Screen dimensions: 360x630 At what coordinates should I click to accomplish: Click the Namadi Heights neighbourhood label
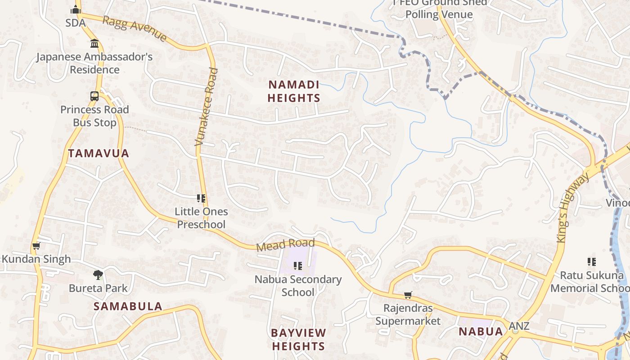[294, 91]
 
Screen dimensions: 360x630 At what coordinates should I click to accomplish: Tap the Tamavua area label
[99, 153]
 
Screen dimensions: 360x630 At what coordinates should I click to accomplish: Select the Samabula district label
[128, 306]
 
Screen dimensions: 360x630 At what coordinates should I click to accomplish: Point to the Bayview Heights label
[298, 339]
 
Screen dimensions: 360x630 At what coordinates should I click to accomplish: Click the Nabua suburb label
[481, 332]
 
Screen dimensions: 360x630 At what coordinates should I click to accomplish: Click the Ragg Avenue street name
[135, 29]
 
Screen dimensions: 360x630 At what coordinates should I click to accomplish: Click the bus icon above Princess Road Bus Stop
[94, 96]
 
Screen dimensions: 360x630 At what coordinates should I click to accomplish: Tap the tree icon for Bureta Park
[98, 274]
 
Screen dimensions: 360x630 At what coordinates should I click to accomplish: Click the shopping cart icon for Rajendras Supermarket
[408, 295]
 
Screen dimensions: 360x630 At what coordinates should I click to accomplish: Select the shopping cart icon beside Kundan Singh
[36, 246]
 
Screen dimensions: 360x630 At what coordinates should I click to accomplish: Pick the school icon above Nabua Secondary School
[297, 266]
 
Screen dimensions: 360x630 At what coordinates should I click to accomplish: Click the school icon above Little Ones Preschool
[201, 198]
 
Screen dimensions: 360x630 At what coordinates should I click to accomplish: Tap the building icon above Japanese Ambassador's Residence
[94, 44]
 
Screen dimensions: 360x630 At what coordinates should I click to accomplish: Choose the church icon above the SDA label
[75, 9]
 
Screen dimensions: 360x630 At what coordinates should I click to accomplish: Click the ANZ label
[519, 326]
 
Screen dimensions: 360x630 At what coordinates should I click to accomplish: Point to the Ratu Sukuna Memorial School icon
[592, 261]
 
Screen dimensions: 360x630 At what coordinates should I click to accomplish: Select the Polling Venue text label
[439, 14]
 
